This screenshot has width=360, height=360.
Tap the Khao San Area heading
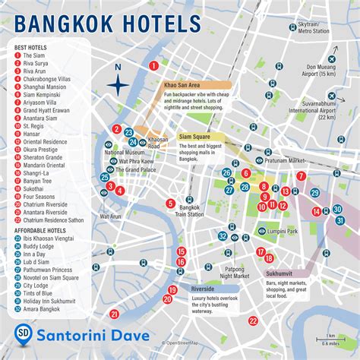tap(182, 87)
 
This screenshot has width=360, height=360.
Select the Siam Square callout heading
tap(194, 137)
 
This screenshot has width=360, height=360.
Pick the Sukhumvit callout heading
tap(282, 273)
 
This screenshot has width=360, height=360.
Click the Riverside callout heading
tap(203, 289)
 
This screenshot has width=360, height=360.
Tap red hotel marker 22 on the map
tap(253, 321)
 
